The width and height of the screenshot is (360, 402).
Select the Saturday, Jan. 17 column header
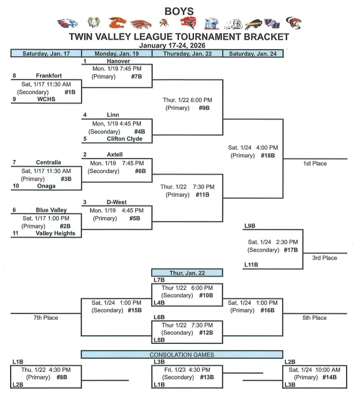click(46, 53)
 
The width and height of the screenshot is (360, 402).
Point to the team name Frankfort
click(49, 76)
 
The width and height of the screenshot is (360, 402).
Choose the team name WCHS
click(49, 99)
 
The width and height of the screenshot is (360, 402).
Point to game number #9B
click(203, 108)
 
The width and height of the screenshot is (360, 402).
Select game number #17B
click(290, 249)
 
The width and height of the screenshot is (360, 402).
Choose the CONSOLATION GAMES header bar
click(182, 354)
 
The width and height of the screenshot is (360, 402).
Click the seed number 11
click(15, 233)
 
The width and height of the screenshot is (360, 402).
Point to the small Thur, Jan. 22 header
click(186, 272)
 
